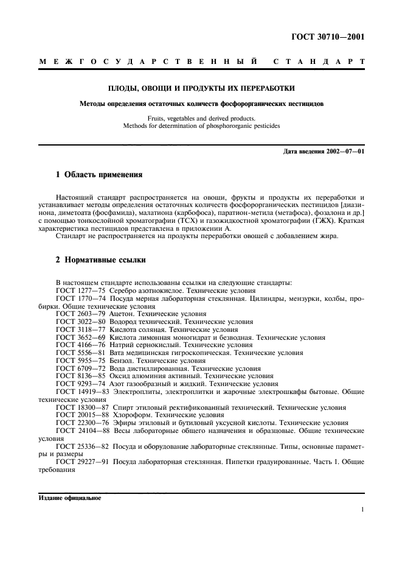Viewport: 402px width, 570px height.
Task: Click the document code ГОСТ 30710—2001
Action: (330, 37)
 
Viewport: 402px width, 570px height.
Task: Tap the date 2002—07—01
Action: (344, 151)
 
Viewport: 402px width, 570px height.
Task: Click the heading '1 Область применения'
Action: (99, 175)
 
